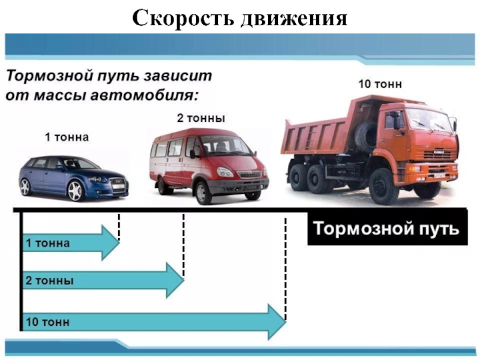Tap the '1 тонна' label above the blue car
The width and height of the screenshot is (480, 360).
coord(67,137)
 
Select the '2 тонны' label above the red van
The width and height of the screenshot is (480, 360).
coord(200,119)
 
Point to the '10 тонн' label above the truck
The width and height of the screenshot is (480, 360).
coord(380,84)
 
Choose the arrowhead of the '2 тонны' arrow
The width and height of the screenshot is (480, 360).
coord(174,280)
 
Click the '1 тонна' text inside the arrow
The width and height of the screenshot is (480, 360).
coord(47,243)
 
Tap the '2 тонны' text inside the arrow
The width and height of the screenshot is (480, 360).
coord(49,280)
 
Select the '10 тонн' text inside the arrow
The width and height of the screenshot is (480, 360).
coord(47,322)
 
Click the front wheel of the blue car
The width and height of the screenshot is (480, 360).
coord(75,191)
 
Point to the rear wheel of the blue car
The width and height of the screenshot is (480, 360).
coord(25,187)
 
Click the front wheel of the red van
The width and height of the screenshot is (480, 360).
coord(203,191)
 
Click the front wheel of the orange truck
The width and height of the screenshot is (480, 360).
coord(383,185)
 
